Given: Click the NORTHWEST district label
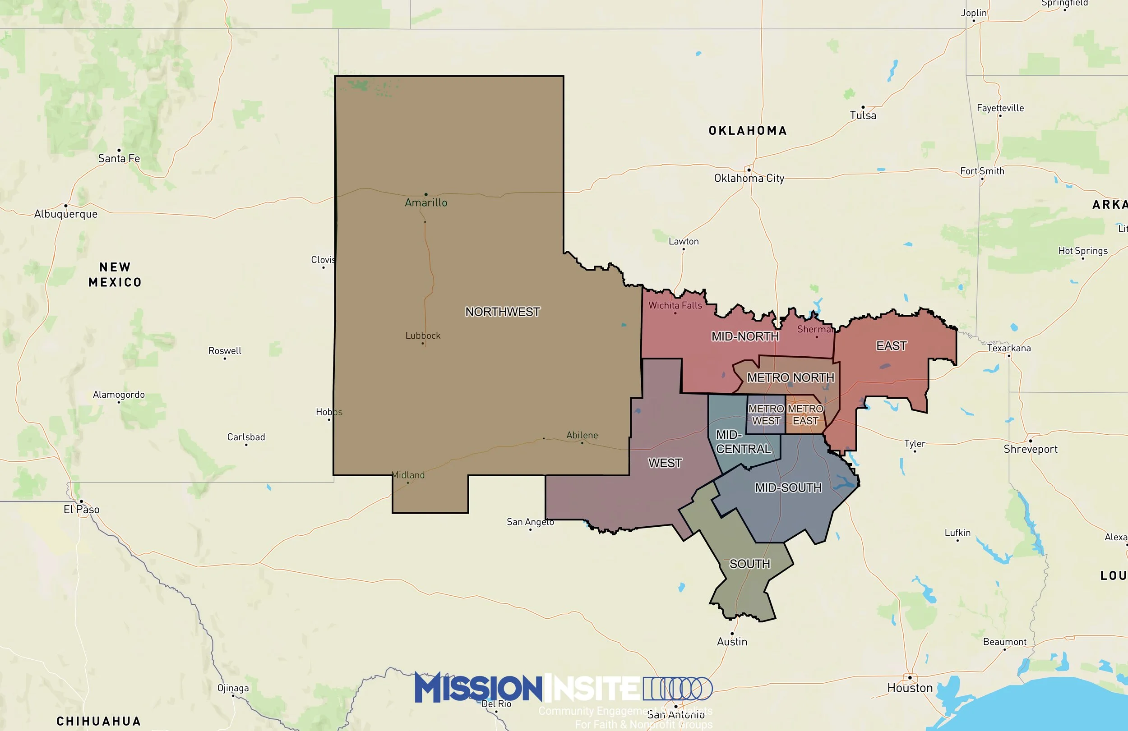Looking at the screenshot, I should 502,312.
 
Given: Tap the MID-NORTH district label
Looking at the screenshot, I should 745,336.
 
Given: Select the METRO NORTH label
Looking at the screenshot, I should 791,377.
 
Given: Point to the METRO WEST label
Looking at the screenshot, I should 766,414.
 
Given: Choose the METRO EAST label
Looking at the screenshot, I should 805,414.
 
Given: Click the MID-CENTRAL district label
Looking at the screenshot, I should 743,441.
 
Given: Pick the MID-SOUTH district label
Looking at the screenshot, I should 788,487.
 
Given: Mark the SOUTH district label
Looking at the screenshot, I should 749,564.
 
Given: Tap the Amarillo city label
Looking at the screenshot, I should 425,203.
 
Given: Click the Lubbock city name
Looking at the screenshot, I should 423,336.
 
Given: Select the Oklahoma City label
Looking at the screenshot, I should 749,178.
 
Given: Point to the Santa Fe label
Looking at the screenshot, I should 119,158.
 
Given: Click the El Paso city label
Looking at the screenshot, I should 82,509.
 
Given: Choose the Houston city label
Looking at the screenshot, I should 910,688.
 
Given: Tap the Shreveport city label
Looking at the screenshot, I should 1031,449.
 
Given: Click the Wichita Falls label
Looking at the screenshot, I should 675,306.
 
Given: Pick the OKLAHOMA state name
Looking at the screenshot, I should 748,131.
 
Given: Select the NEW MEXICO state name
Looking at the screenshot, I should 115,275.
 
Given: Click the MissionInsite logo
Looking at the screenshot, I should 563,688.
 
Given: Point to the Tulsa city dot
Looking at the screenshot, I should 863,107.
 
